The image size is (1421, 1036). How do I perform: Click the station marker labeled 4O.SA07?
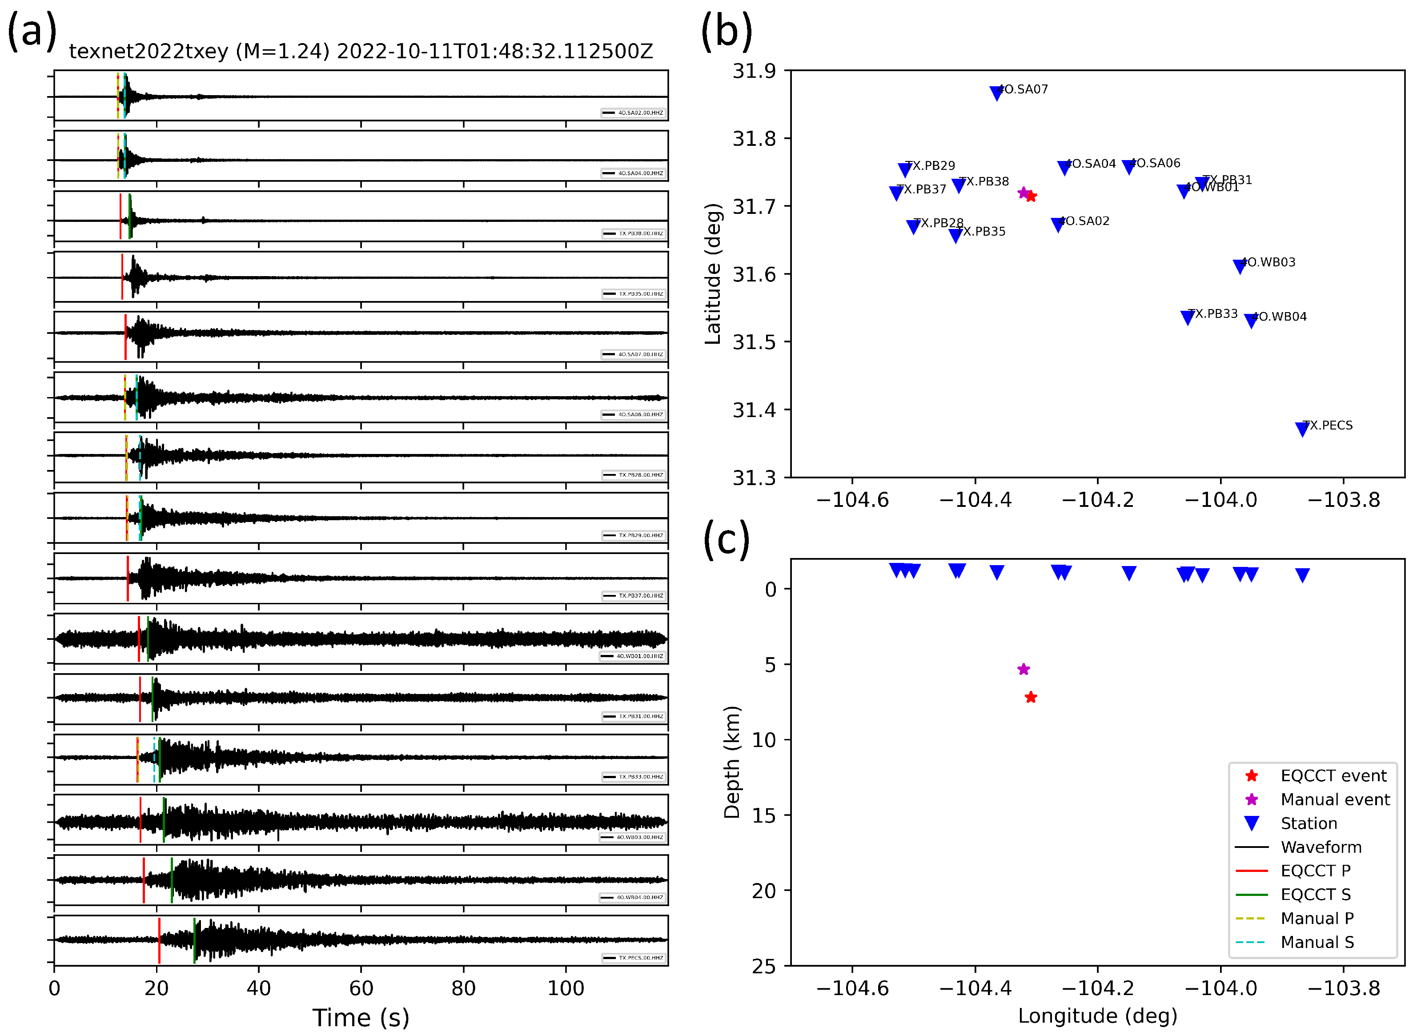pyautogui.click(x=996, y=93)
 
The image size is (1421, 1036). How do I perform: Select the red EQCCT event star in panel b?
pyautogui.click(x=1031, y=196)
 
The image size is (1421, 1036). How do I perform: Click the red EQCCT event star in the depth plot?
pyautogui.click(x=1031, y=697)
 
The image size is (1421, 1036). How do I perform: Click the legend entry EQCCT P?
pyautogui.click(x=1315, y=871)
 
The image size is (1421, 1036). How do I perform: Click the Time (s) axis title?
pyautogui.click(x=361, y=1018)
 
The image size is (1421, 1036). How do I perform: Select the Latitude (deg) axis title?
pyautogui.click(x=713, y=274)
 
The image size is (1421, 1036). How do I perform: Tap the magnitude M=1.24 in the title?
pyautogui.click(x=282, y=52)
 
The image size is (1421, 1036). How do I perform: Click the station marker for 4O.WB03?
pyautogui.click(x=1240, y=266)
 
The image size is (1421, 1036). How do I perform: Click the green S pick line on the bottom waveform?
pyautogui.click(x=194, y=940)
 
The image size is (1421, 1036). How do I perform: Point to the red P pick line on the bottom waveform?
pyautogui.click(x=159, y=940)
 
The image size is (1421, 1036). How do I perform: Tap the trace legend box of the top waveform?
pyautogui.click(x=634, y=113)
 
